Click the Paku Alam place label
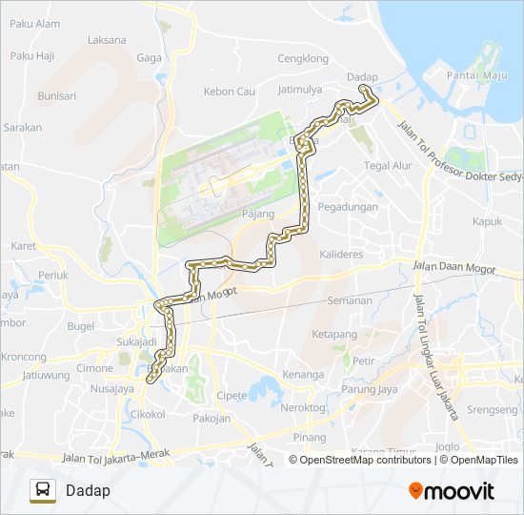[x=34, y=24]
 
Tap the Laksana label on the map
[x=106, y=40]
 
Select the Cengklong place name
[x=302, y=58]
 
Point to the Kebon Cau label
[x=230, y=92]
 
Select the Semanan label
[x=349, y=300]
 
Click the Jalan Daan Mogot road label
[x=454, y=268]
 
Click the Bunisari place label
[x=56, y=95]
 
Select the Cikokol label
[x=148, y=415]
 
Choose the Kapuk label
[x=486, y=221]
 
